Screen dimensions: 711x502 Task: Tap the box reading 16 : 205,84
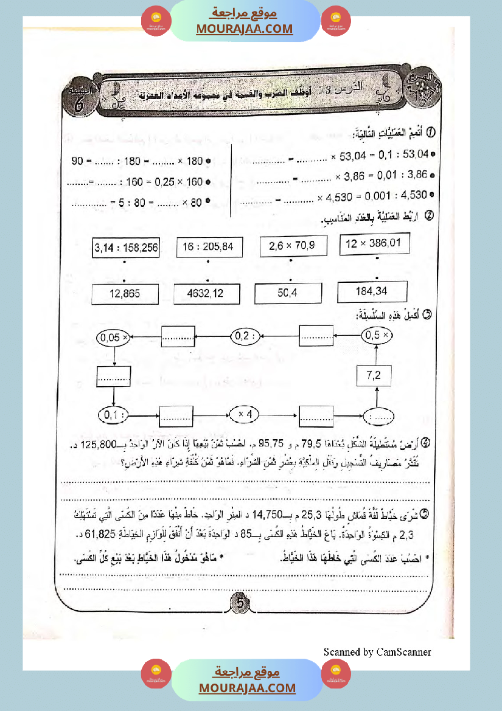tap(208, 247)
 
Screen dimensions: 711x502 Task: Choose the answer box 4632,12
tap(207, 293)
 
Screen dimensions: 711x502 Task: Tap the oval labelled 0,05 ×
tap(114, 336)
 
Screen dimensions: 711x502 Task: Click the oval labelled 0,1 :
tap(114, 415)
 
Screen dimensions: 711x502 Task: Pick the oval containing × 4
tap(248, 415)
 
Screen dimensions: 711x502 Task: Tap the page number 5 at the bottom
tap(240, 604)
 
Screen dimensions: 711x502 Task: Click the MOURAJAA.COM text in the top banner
tap(245, 29)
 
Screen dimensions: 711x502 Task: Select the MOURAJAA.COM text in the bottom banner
tap(246, 688)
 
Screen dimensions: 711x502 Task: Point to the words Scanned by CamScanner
tap(377, 652)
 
